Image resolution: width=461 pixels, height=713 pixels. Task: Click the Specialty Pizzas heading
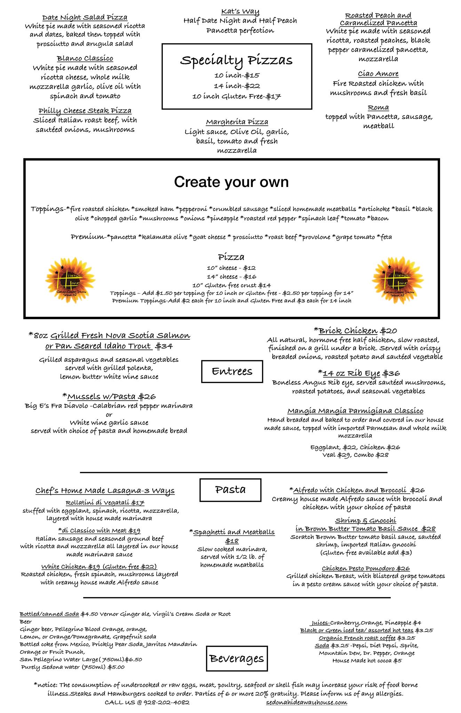point(236,60)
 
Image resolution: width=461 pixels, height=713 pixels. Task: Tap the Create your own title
point(231,182)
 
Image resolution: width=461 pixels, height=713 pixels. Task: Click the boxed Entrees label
point(232,371)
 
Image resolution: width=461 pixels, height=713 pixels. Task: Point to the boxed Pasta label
point(230,490)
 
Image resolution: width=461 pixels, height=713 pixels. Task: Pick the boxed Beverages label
point(237,658)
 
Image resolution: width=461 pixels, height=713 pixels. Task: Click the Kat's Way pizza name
point(240,12)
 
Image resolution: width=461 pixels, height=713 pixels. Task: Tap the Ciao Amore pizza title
point(378,74)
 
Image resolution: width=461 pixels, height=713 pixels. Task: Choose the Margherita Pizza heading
point(237,122)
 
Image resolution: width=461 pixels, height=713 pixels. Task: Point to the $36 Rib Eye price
point(391,374)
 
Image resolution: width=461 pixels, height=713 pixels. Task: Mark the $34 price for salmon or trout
point(164,346)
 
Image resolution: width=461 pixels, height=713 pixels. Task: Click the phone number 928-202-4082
point(166,702)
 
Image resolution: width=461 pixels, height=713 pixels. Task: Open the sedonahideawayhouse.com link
point(306,702)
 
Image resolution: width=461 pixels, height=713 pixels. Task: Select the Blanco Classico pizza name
point(85,58)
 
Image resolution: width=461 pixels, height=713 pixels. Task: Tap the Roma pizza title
point(378,108)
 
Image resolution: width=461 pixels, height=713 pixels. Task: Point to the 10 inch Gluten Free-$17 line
point(237,96)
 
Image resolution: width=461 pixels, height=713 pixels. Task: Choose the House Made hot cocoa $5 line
point(367,660)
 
